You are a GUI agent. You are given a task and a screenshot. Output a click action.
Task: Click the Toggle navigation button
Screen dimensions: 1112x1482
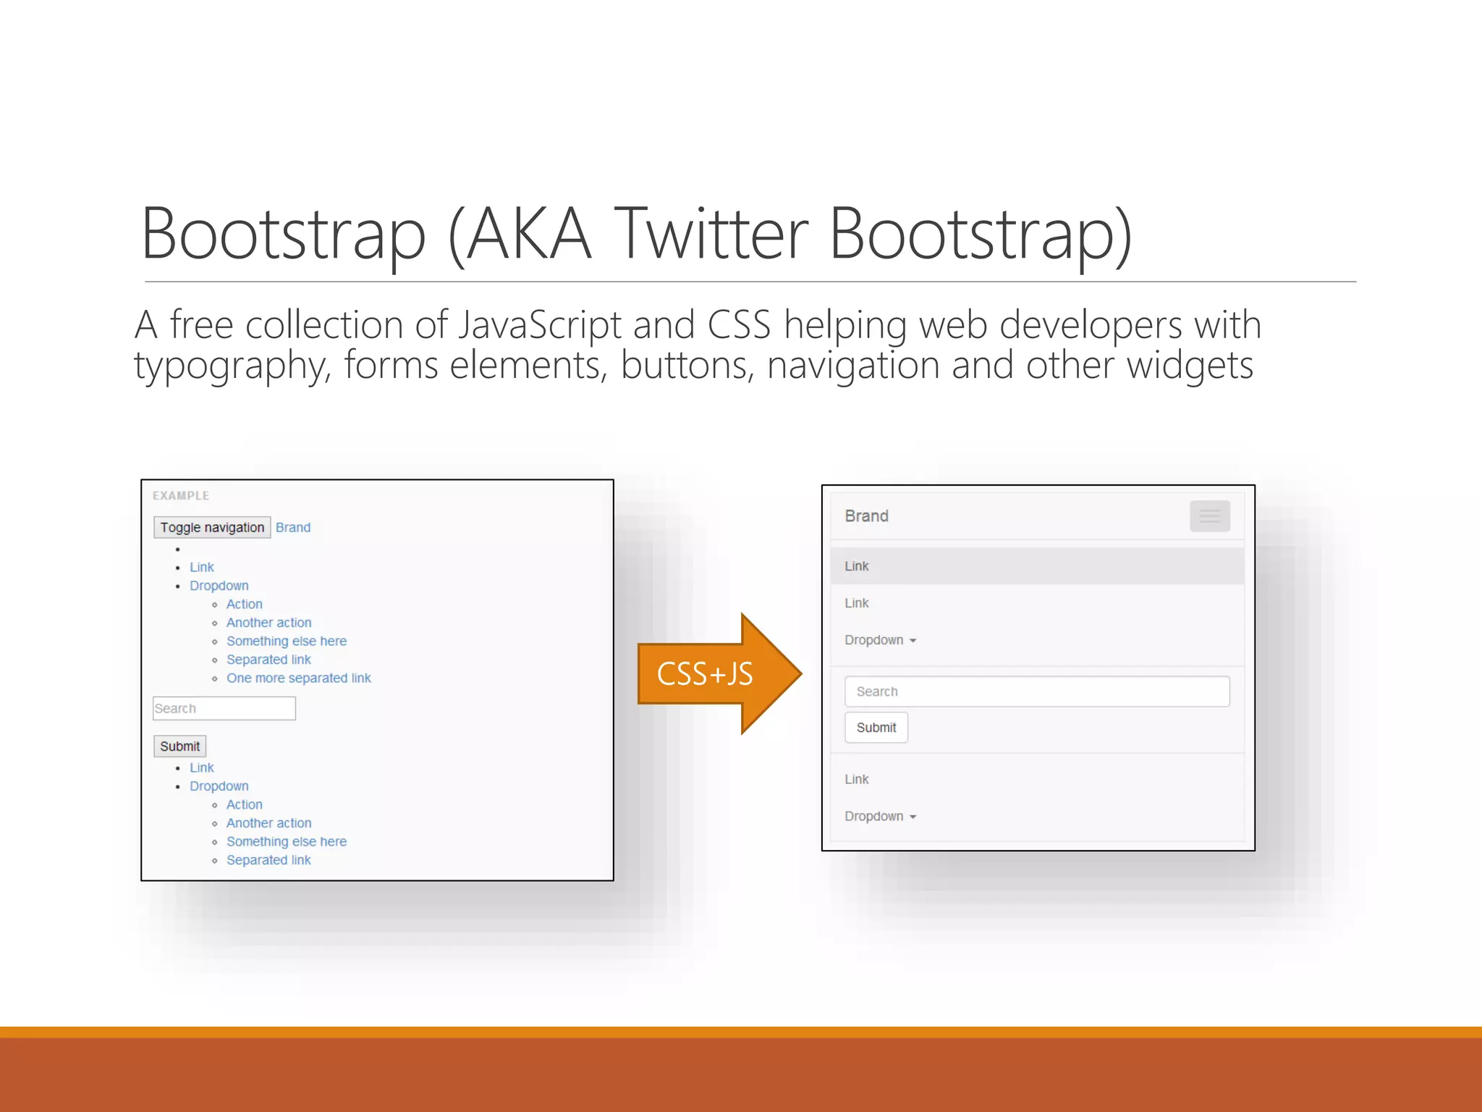pos(212,527)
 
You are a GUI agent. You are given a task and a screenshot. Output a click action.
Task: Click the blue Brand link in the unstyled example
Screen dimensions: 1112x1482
pos(292,528)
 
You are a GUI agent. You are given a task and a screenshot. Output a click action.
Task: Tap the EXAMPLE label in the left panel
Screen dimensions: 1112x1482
pos(181,496)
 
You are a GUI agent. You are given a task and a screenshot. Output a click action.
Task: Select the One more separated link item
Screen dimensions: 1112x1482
pos(298,678)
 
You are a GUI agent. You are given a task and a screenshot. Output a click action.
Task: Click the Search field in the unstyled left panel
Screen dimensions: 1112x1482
pos(224,708)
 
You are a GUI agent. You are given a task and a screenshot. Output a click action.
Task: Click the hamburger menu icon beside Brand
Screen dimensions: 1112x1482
pos(1209,516)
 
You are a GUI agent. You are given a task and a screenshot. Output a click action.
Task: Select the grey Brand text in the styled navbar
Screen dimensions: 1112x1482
pos(866,516)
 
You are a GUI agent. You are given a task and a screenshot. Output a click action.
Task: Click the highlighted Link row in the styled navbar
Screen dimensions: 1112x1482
pos(1036,566)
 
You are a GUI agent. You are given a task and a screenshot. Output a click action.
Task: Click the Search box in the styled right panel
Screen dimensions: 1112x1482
pos(1036,691)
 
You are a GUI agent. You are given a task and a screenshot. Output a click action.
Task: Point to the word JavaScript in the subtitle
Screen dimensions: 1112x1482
pos(540,325)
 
